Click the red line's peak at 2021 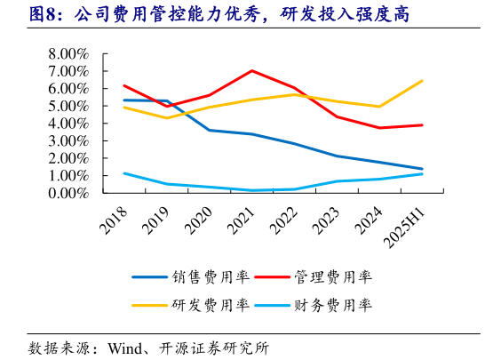[x=252, y=70]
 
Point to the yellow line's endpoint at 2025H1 [x=422, y=81]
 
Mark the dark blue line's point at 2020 [x=210, y=130]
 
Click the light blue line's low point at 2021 [x=252, y=190]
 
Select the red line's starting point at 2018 [x=124, y=85]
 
